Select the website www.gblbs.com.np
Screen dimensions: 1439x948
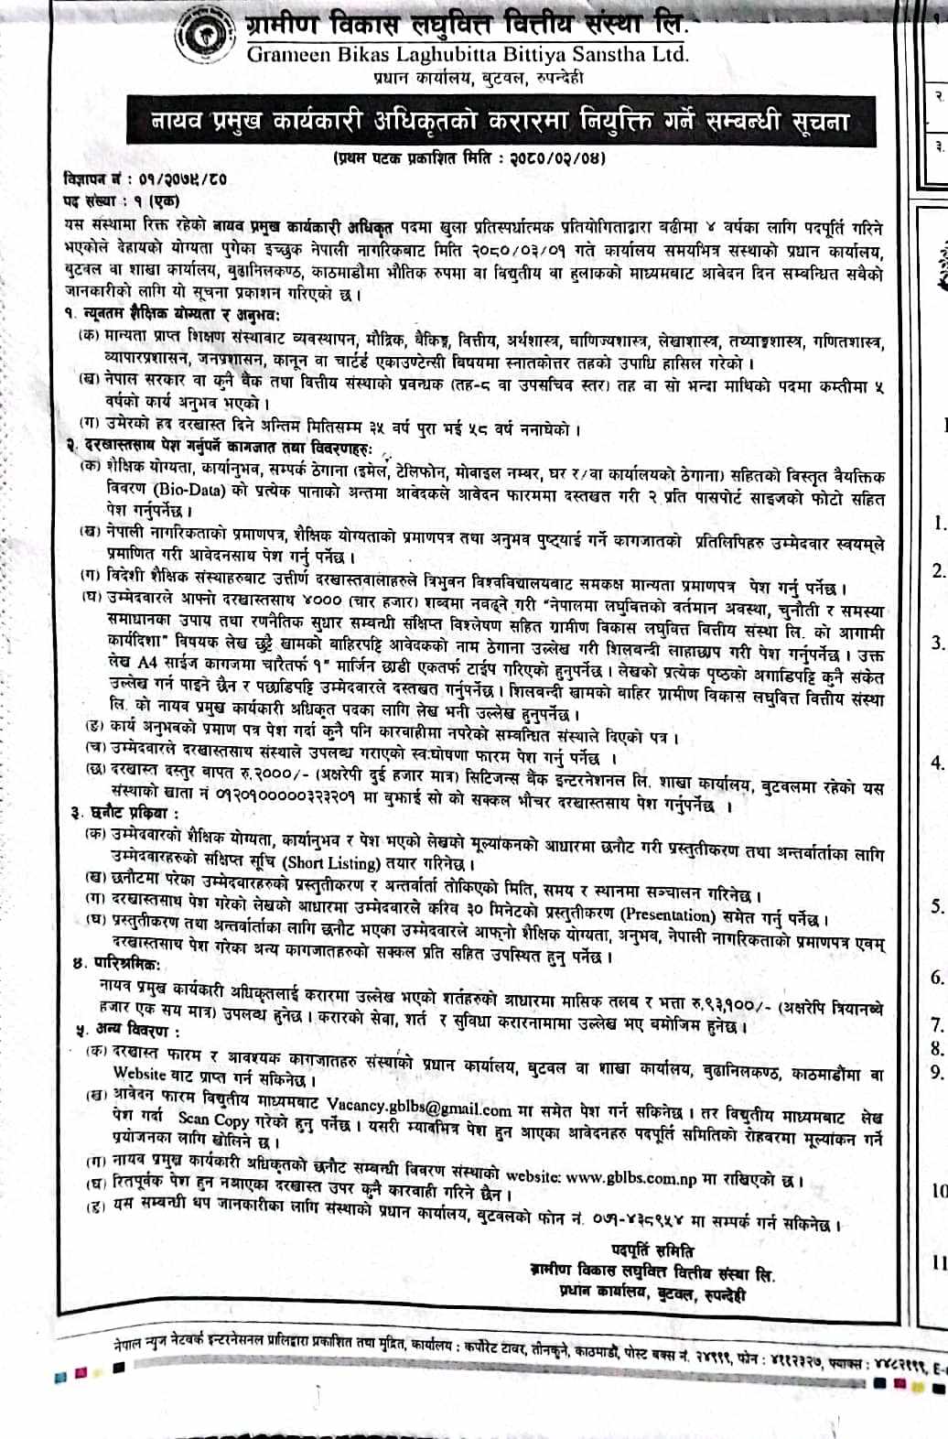(x=631, y=1178)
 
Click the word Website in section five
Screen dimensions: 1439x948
(x=139, y=1074)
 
